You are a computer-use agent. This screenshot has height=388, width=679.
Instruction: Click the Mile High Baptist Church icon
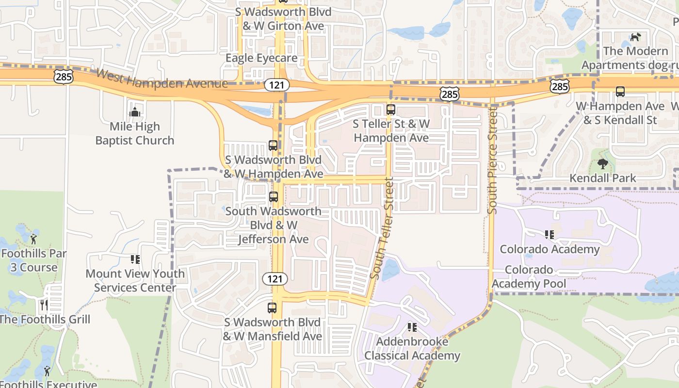click(x=134, y=113)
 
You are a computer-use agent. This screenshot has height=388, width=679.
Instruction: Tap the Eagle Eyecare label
click(x=261, y=58)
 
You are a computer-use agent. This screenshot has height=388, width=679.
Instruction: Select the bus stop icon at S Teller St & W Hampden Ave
click(x=391, y=110)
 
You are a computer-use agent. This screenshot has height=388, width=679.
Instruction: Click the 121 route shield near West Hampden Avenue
click(x=277, y=85)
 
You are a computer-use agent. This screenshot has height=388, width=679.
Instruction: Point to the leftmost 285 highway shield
click(x=64, y=76)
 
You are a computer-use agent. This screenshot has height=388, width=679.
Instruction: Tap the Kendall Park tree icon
click(x=603, y=164)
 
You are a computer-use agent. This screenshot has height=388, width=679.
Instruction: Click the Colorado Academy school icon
click(x=550, y=235)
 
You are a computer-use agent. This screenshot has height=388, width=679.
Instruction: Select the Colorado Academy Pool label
click(x=529, y=276)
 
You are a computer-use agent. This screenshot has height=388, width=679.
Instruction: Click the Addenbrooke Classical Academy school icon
click(x=412, y=327)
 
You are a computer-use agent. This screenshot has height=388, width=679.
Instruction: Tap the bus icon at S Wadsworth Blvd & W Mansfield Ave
click(x=272, y=307)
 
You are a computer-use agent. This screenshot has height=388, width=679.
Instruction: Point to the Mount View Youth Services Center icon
click(x=135, y=259)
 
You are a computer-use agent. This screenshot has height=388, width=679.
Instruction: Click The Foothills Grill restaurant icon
click(x=44, y=305)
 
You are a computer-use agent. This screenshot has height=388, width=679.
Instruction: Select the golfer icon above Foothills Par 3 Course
click(x=33, y=239)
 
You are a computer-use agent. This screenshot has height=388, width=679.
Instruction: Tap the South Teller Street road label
click(x=382, y=228)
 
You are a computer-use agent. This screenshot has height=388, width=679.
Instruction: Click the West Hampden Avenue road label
click(x=162, y=79)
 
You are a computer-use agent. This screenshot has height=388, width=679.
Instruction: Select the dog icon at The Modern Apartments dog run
click(x=635, y=37)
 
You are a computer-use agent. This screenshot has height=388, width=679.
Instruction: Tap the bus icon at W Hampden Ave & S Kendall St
click(x=620, y=91)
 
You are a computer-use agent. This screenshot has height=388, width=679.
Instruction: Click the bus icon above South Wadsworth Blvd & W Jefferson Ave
click(x=274, y=197)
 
